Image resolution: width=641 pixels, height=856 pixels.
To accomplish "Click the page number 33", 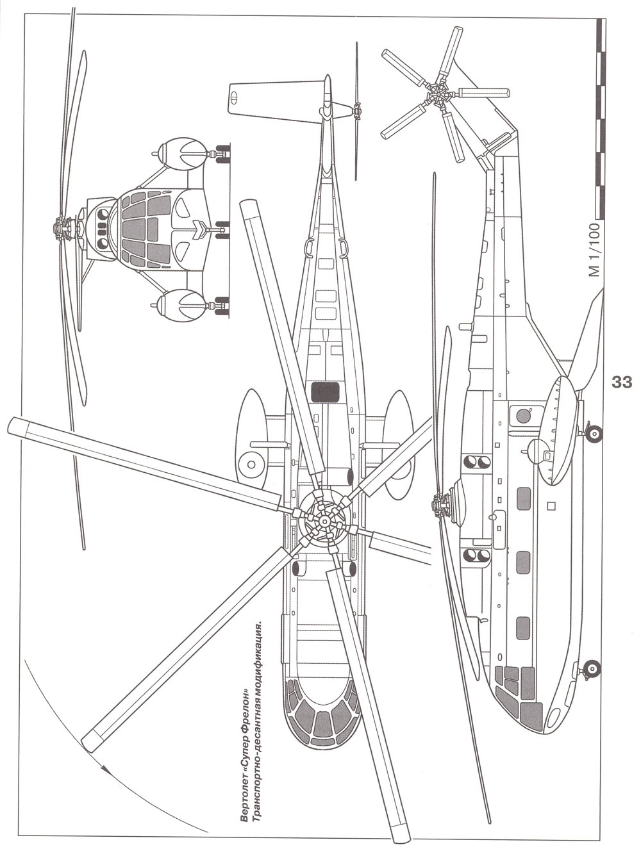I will coord(622,383).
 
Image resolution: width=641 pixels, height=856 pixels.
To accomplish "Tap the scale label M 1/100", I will coord(594,250).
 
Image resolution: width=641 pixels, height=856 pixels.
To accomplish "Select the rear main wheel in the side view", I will coord(594,434).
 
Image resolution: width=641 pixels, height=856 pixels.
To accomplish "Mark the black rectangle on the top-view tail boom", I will coord(325,391).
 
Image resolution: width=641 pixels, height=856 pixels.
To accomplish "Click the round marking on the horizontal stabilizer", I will coord(235,97).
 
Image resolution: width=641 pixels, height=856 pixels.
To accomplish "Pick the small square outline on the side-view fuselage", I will coord(551,507).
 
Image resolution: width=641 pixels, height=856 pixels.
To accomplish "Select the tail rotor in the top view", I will coord(356,111).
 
